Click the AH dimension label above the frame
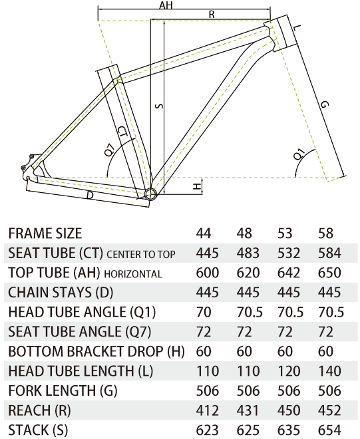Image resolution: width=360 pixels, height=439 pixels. point(166,5)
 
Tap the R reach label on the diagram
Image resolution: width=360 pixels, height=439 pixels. point(212,14)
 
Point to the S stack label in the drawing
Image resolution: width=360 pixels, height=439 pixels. point(159,106)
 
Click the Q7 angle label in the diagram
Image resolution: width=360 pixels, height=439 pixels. point(110,150)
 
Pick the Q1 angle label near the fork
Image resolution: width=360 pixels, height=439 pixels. point(299,154)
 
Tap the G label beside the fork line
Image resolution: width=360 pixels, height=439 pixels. point(324,104)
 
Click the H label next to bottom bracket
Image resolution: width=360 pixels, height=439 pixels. point(198,186)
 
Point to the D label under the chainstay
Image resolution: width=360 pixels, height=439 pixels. point(90,195)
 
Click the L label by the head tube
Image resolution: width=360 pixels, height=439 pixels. point(298,27)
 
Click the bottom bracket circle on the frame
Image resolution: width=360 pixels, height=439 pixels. point(150,194)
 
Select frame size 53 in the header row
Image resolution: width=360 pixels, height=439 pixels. point(285,233)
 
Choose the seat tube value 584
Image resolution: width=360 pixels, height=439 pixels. point(329,253)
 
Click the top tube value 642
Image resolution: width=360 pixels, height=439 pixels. point(289,273)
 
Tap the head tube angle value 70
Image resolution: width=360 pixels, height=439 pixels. point(204,312)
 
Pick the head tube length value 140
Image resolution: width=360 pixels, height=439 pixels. point(329,371)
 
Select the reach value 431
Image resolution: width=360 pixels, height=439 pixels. point(248,410)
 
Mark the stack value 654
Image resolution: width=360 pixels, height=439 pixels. point(329,430)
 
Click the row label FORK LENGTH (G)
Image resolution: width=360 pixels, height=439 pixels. point(63,391)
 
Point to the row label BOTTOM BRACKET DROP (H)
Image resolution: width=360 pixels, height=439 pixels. point(96,352)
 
